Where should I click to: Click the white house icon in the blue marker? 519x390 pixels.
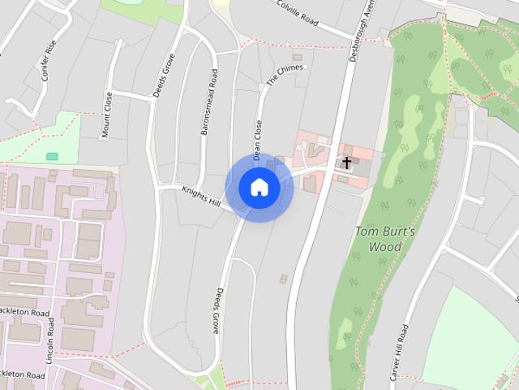pos(259,188)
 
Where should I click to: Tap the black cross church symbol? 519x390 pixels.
pos(346,162)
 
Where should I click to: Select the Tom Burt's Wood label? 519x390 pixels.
pos(385,239)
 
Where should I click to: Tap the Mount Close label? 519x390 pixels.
pos(108,116)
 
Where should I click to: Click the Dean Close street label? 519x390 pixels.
pos(257,139)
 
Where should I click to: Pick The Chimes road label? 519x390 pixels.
pos(285,76)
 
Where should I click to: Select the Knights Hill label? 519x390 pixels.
pos(202,196)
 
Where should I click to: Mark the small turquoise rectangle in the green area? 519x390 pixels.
pos(52,156)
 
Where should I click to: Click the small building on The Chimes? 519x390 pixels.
pos(298,58)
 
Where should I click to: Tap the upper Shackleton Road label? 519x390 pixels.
pos(24,312)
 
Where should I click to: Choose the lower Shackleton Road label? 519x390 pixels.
pos(23,375)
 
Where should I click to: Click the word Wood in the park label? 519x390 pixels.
pos(385,247)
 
